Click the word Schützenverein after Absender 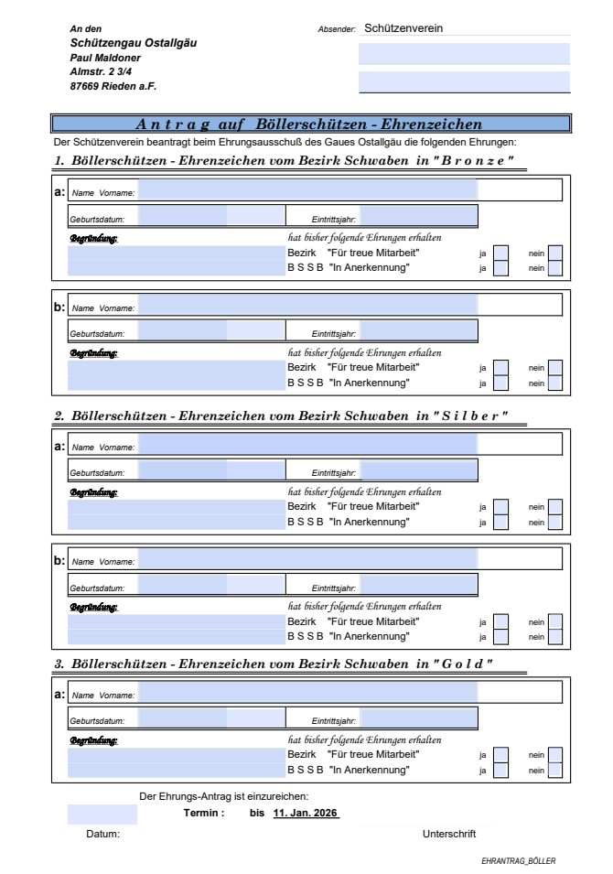(403, 28)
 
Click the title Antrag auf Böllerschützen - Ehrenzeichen (309, 124)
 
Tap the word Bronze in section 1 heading (481, 162)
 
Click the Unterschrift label (449, 834)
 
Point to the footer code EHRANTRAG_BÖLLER (519, 861)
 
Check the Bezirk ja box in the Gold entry (500, 755)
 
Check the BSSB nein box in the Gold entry (554, 771)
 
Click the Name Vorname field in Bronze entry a (306, 191)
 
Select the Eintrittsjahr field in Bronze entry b (419, 329)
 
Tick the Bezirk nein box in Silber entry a (554, 506)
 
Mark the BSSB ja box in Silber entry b (500, 637)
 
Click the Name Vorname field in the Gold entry (306, 694)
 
